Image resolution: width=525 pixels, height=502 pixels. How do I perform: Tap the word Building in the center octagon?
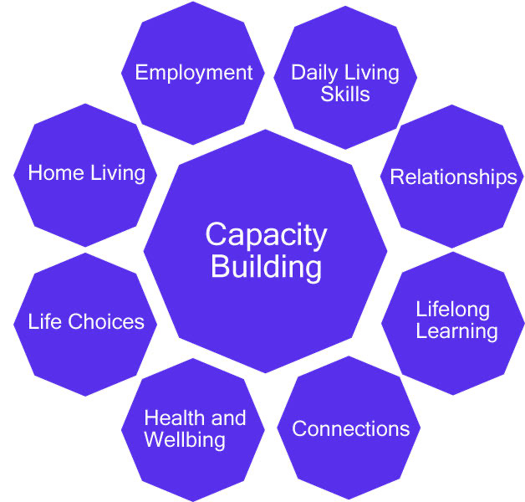[x=266, y=267]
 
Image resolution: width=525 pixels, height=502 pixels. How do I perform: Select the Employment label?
[x=194, y=73]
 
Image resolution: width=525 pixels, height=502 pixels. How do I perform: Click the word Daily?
[x=312, y=73]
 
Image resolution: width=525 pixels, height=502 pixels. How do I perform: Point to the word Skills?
[x=345, y=93]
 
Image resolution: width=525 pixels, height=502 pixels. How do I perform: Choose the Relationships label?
[x=453, y=177]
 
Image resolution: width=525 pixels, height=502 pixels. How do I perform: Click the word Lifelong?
[x=452, y=309]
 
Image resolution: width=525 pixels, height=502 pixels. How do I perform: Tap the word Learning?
[x=456, y=330]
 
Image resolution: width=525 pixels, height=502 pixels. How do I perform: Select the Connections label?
[x=350, y=429]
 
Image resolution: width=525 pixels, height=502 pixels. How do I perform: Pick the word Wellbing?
[x=185, y=439]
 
